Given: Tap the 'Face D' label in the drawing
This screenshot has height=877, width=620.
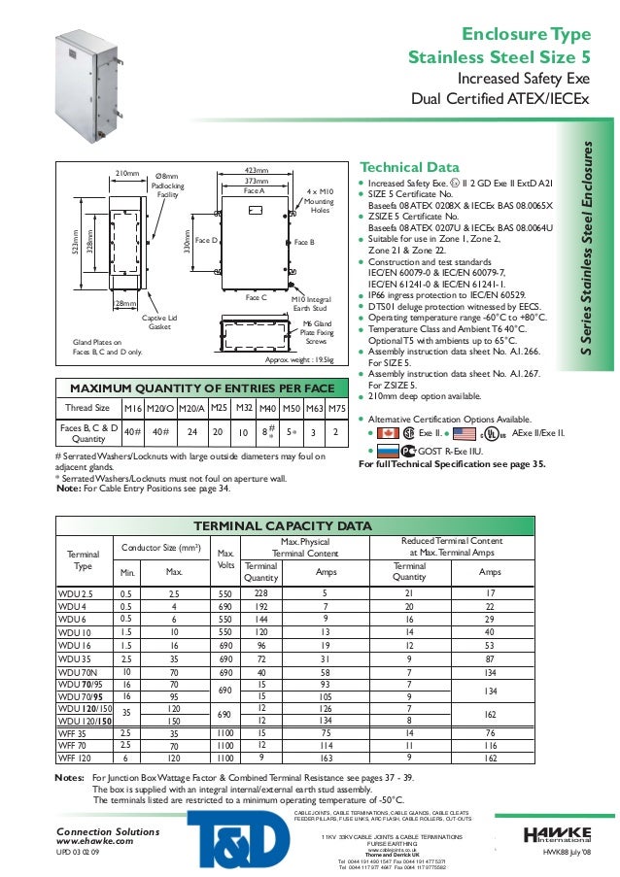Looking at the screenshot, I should pos(205,239).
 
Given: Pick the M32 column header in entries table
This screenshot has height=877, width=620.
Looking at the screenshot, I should pos(245,408).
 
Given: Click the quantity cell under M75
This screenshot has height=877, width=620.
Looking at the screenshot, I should pos(335,430).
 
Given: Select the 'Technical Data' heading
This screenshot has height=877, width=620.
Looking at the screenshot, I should pos(396,165).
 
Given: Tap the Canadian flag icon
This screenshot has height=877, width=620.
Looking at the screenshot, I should pos(387,432).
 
